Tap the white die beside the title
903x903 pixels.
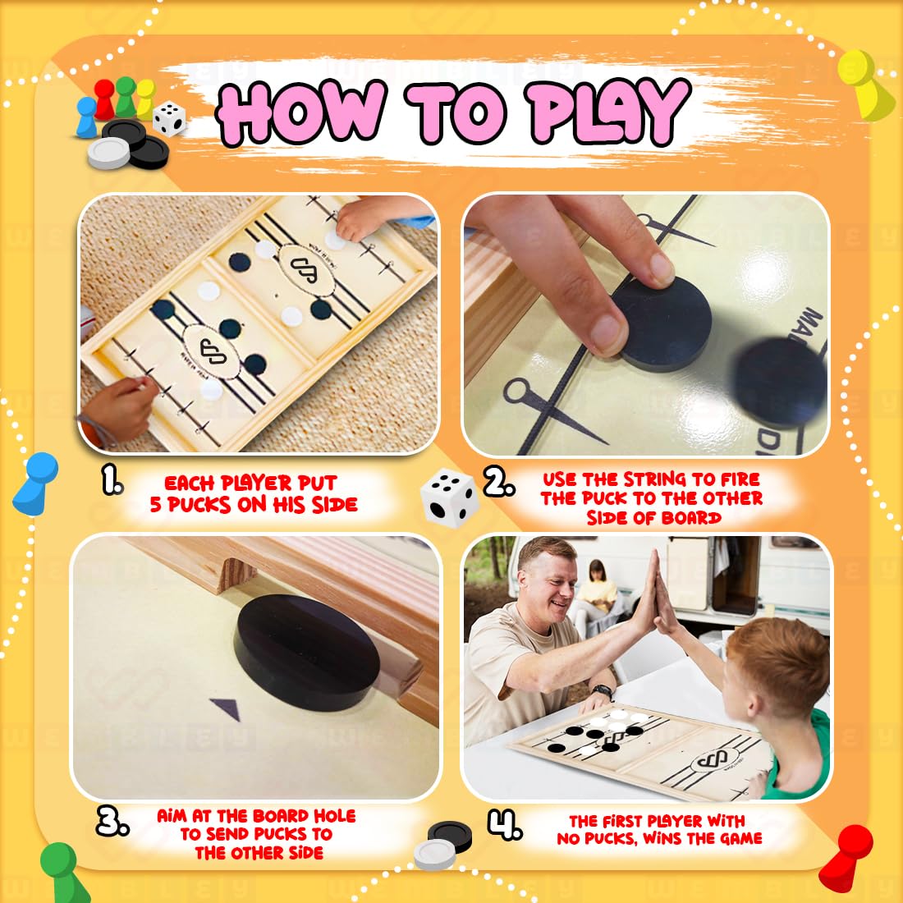click(x=169, y=118)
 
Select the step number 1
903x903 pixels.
click(x=112, y=482)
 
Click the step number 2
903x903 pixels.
click(x=498, y=483)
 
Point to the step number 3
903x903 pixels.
click(x=112, y=821)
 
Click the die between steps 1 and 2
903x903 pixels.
click(x=449, y=497)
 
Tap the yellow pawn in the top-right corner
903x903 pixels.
click(x=863, y=82)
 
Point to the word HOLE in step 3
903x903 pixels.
click(x=332, y=816)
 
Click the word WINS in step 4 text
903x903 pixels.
click(x=662, y=838)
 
